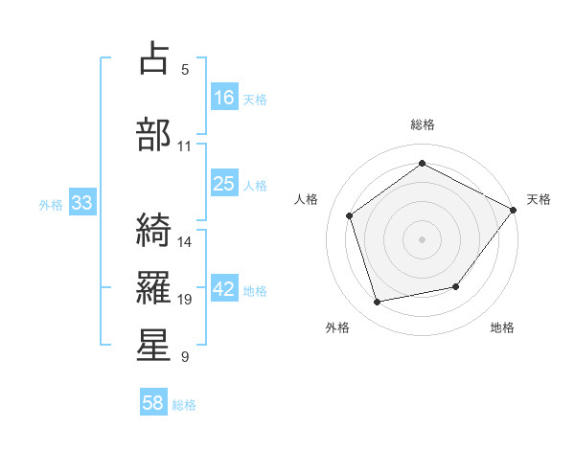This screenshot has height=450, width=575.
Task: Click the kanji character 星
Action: tap(155, 345)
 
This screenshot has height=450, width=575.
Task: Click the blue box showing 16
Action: tap(224, 98)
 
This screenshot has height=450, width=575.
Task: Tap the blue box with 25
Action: tap(224, 184)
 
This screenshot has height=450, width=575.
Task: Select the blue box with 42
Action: tap(224, 290)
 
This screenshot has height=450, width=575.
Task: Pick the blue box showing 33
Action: tap(81, 203)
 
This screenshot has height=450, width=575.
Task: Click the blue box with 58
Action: tap(153, 404)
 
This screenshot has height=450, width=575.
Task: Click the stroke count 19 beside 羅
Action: tap(185, 300)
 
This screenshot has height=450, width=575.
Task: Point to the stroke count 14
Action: tap(185, 241)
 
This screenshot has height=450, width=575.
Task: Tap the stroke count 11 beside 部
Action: tap(185, 146)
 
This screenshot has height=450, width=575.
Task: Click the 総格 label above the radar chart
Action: tap(422, 124)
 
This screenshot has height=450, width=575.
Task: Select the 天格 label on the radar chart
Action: tap(539, 199)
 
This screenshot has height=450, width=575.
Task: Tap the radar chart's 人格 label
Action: tap(306, 199)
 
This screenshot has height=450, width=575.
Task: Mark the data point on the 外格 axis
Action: tap(378, 303)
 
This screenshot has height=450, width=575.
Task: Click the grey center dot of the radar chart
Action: tap(422, 238)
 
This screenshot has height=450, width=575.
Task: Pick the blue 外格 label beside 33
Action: tap(50, 204)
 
